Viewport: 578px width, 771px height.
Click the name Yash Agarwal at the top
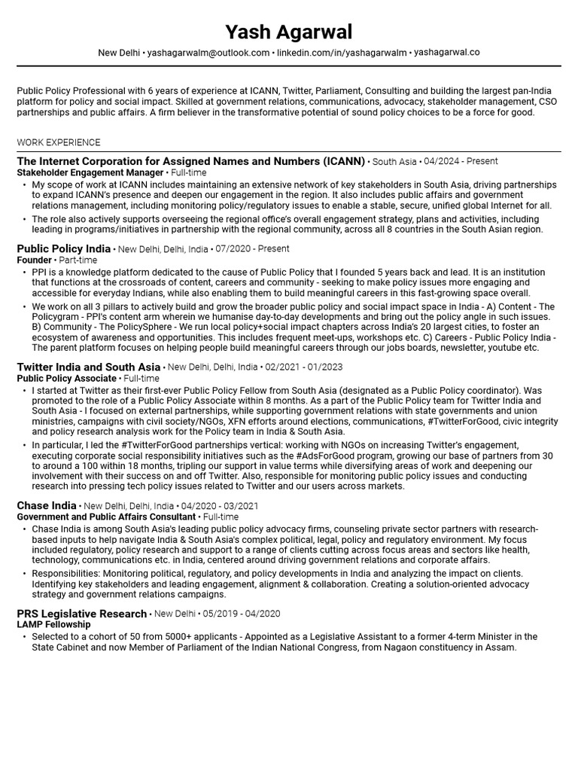tap(288, 32)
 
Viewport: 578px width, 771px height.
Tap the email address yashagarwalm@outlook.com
tap(208, 53)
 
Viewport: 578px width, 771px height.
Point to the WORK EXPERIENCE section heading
tap(58, 142)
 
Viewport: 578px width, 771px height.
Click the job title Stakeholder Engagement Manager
tap(90, 172)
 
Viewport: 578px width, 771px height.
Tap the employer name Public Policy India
tap(63, 248)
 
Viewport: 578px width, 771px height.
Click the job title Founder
tap(34, 260)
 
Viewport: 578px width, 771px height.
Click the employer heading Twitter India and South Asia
tap(89, 367)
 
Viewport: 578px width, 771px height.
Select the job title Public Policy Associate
tap(66, 378)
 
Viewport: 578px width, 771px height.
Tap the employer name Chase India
tap(47, 506)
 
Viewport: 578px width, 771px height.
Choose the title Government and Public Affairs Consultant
tap(106, 517)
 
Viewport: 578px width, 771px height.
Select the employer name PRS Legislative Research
tap(81, 614)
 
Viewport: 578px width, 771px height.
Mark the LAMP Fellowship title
tap(53, 625)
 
